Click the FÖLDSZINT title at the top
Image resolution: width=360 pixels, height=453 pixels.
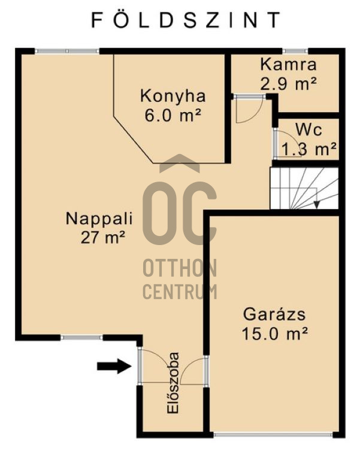click(185, 20)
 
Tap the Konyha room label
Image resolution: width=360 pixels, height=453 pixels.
click(173, 96)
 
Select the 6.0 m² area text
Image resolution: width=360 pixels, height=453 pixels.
click(173, 115)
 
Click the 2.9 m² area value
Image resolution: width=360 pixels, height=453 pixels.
click(288, 84)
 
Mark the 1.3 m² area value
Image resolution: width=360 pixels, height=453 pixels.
click(308, 149)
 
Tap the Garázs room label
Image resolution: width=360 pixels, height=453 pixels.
click(275, 314)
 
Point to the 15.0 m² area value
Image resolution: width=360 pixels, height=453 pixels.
click(275, 333)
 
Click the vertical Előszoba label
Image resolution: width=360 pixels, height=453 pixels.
click(174, 391)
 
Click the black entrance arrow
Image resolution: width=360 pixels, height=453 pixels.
click(114, 366)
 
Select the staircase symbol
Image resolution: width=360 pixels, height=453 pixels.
click(304, 188)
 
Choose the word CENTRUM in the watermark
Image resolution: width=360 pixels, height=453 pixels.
click(180, 292)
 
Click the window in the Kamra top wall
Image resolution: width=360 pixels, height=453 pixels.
click(295, 52)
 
